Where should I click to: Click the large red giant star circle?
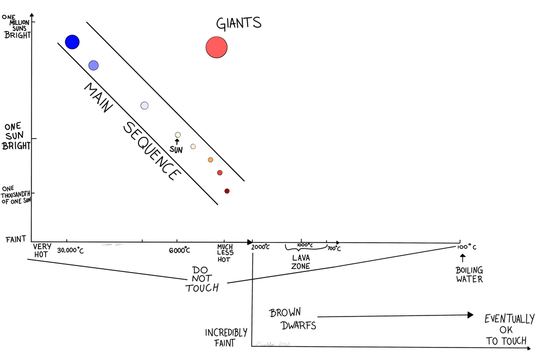[x=216, y=47]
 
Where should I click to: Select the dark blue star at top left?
[x=72, y=41]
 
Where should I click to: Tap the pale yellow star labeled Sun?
[x=178, y=135]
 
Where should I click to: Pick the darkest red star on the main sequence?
[x=227, y=191]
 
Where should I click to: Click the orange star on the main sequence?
[x=210, y=160]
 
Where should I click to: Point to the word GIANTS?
[x=239, y=23]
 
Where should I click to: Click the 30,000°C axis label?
[x=71, y=250]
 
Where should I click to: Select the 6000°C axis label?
[x=179, y=250]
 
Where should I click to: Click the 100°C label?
[x=466, y=248]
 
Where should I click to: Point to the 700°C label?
[x=334, y=249]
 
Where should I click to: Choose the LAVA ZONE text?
[x=300, y=262]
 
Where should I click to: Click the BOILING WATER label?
[x=469, y=275]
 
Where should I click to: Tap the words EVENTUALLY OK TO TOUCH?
[x=509, y=330]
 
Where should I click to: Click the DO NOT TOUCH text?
[x=203, y=279]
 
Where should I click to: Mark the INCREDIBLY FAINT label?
[x=226, y=337]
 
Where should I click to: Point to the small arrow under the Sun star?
[x=177, y=142]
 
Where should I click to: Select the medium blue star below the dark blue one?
[x=93, y=65]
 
